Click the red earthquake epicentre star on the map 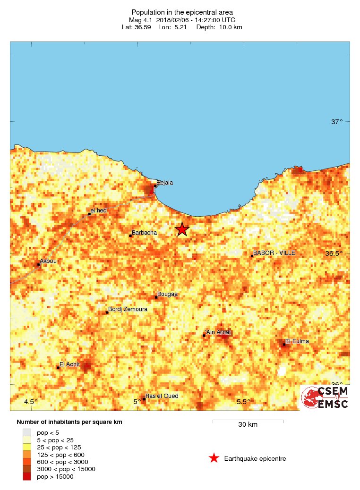[182, 229]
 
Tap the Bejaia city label [164, 182]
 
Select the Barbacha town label [144, 232]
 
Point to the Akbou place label [48, 261]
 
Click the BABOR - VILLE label [274, 253]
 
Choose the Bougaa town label [167, 294]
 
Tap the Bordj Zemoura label [128, 309]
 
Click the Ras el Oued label [162, 396]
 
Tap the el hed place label [99, 211]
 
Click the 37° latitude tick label [337, 122]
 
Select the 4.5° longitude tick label [31, 402]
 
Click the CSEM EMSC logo [325, 397]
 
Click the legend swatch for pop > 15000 [27, 477]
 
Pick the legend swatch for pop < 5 [27, 432]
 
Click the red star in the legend [214, 458]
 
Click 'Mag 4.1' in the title [141, 20]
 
